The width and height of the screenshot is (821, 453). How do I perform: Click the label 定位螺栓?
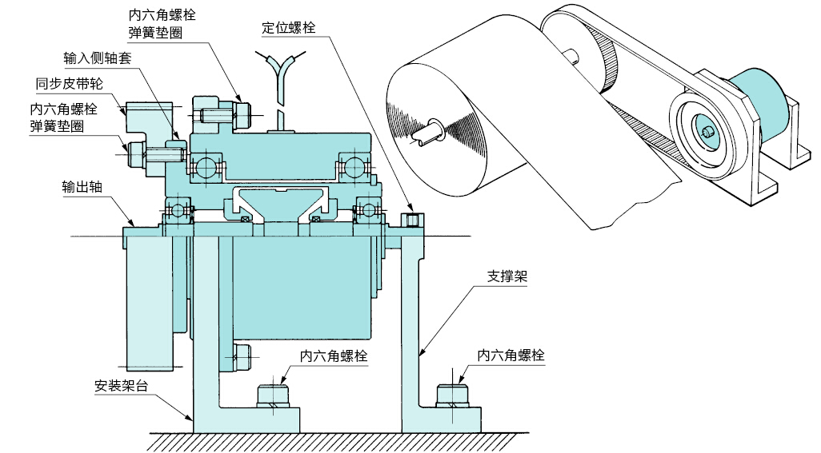tap(289, 27)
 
